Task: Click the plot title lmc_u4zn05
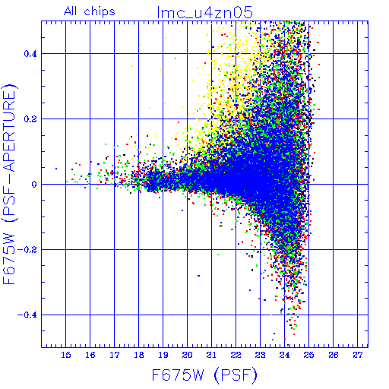coord(204,12)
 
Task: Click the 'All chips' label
coord(90,12)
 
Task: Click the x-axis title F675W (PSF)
coord(204,375)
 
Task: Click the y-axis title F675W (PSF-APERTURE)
coord(9,184)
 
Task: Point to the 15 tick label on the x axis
coord(66,355)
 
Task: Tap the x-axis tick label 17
coord(115,355)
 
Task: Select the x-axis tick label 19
coord(163,355)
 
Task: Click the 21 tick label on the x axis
coord(211,355)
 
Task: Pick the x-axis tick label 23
coord(260,355)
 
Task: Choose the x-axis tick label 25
coord(308,355)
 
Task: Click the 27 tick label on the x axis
coord(358,355)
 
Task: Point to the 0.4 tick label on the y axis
coord(30,54)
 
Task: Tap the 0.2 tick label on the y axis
coord(30,119)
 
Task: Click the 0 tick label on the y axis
coord(34,185)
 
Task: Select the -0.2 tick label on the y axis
coord(27,250)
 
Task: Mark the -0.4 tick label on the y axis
coord(27,315)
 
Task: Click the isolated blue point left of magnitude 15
coord(56,169)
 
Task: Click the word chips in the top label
coord(100,12)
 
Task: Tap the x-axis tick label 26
coord(334,355)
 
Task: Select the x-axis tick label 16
coord(90,355)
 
